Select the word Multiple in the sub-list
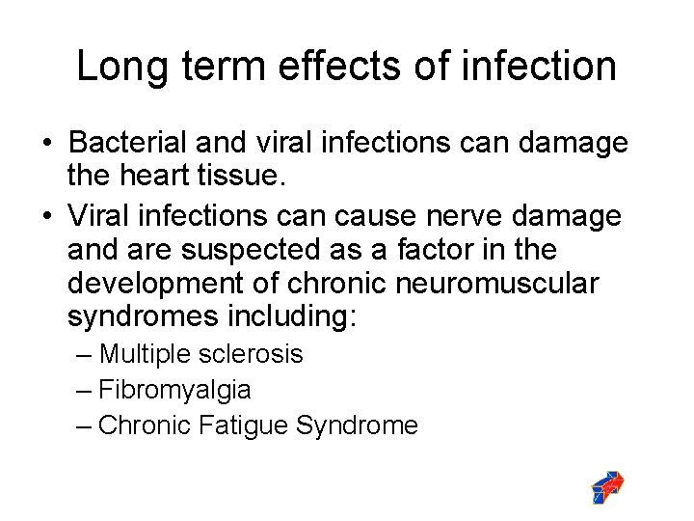pos(146,355)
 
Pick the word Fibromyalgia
pos(174,390)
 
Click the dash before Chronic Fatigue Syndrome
pos(84,425)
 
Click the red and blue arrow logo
pos(607,488)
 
